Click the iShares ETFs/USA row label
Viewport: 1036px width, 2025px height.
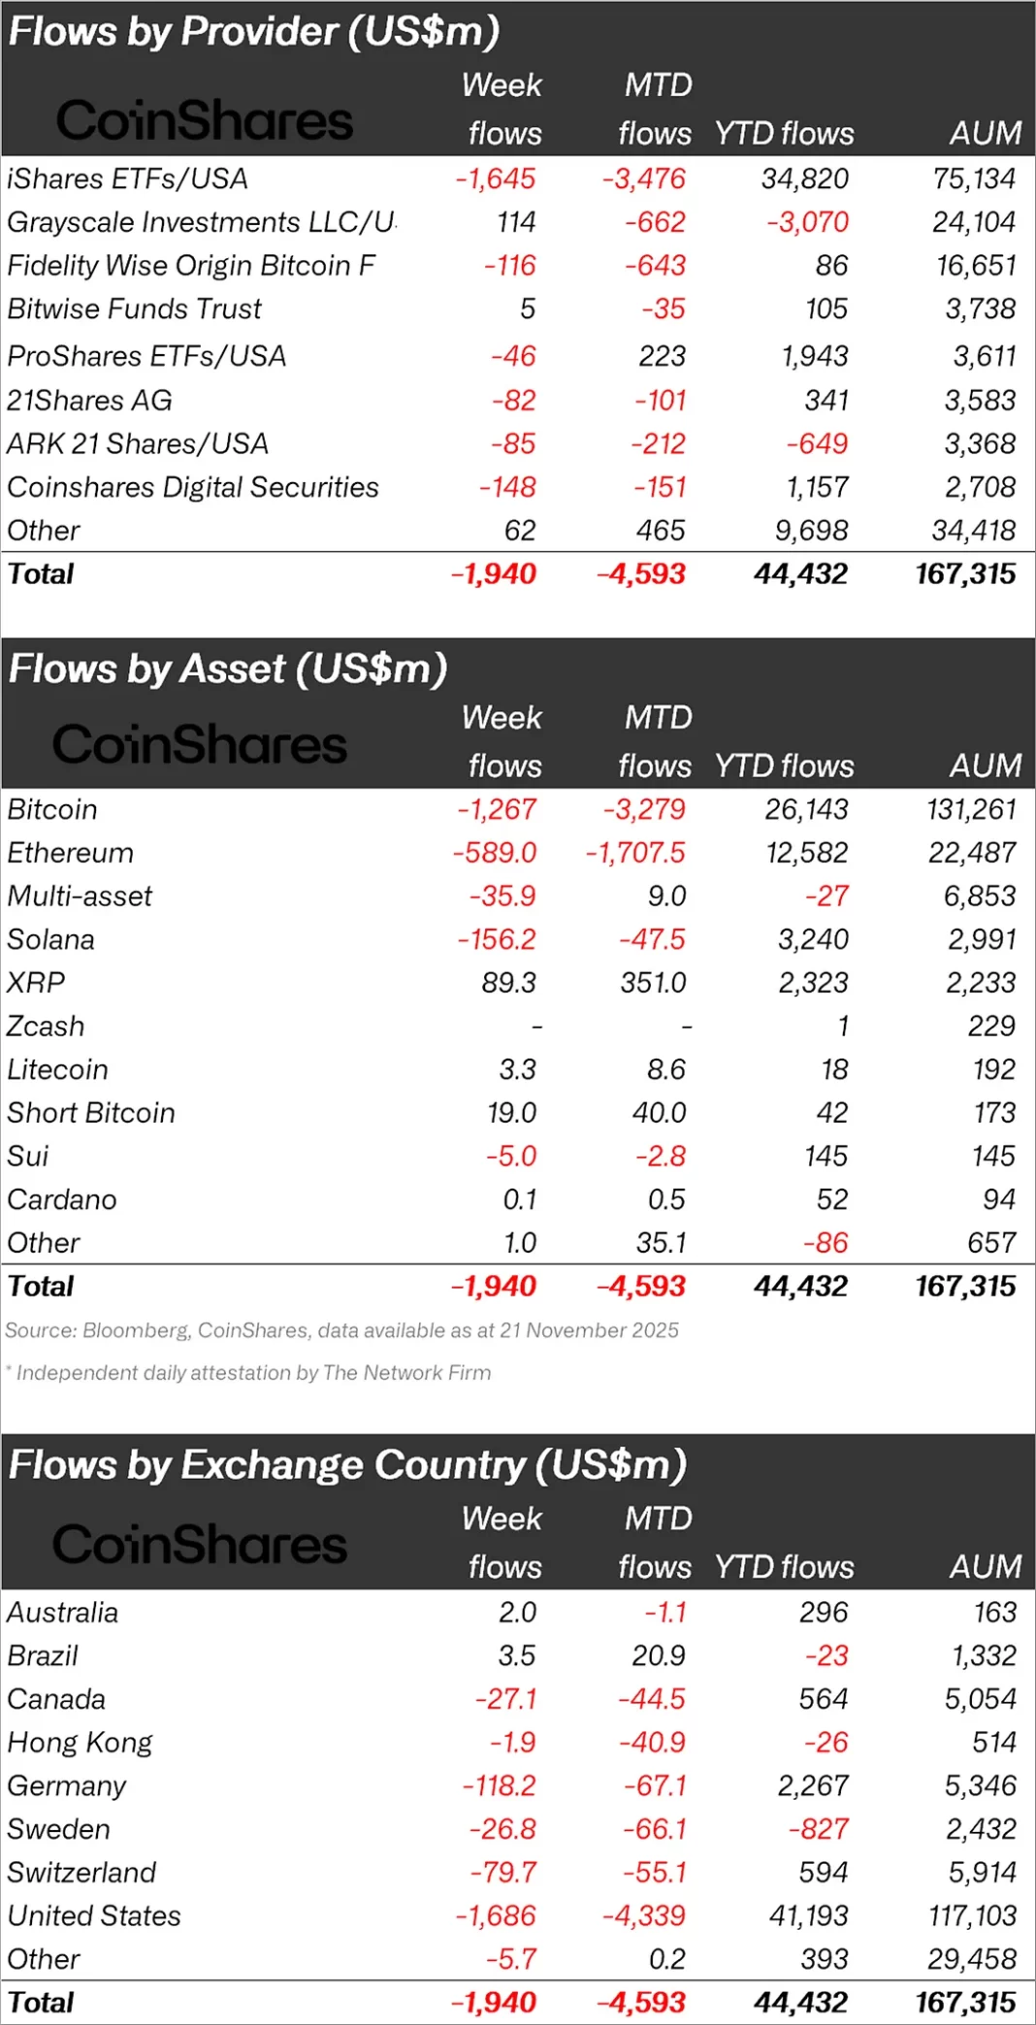[127, 180]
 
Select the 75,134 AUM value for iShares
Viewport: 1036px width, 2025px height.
[974, 180]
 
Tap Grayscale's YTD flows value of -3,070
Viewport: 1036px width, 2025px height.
[807, 223]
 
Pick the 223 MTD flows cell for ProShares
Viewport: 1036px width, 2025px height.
[662, 356]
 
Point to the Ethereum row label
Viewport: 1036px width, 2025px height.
[71, 853]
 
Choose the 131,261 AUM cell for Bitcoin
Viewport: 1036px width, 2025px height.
[971, 809]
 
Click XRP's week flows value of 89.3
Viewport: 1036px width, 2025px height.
[509, 983]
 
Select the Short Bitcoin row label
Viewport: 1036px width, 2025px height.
[91, 1113]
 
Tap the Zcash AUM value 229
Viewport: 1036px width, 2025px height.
[991, 1027]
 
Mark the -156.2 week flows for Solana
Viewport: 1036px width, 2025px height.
[497, 939]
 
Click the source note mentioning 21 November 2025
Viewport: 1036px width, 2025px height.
[341, 1330]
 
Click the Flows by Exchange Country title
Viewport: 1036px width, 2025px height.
[347, 1465]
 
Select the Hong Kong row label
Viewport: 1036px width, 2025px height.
[80, 1743]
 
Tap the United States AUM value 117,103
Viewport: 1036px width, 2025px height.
[972, 1916]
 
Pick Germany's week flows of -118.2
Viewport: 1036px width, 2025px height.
[500, 1785]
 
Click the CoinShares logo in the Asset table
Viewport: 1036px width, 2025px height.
[199, 744]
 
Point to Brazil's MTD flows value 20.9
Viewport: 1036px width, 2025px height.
[659, 1655]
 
